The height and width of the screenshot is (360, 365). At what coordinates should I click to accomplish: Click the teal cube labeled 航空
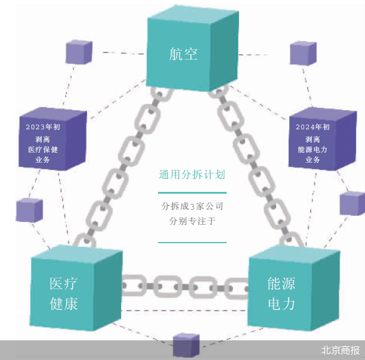[190, 54]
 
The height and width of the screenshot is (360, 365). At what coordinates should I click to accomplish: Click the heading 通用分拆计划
[192, 176]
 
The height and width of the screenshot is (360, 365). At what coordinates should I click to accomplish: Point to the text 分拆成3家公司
[192, 207]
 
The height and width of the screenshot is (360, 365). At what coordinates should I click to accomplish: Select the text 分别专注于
[192, 221]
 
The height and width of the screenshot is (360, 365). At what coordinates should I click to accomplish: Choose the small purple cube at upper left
[78, 52]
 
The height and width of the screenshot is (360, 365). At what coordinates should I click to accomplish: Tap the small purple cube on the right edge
[352, 203]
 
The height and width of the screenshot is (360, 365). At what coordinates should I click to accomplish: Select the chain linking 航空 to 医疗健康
[119, 167]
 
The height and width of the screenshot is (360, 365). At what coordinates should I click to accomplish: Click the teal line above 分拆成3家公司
[192, 193]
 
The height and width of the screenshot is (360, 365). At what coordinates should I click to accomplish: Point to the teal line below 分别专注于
[192, 242]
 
